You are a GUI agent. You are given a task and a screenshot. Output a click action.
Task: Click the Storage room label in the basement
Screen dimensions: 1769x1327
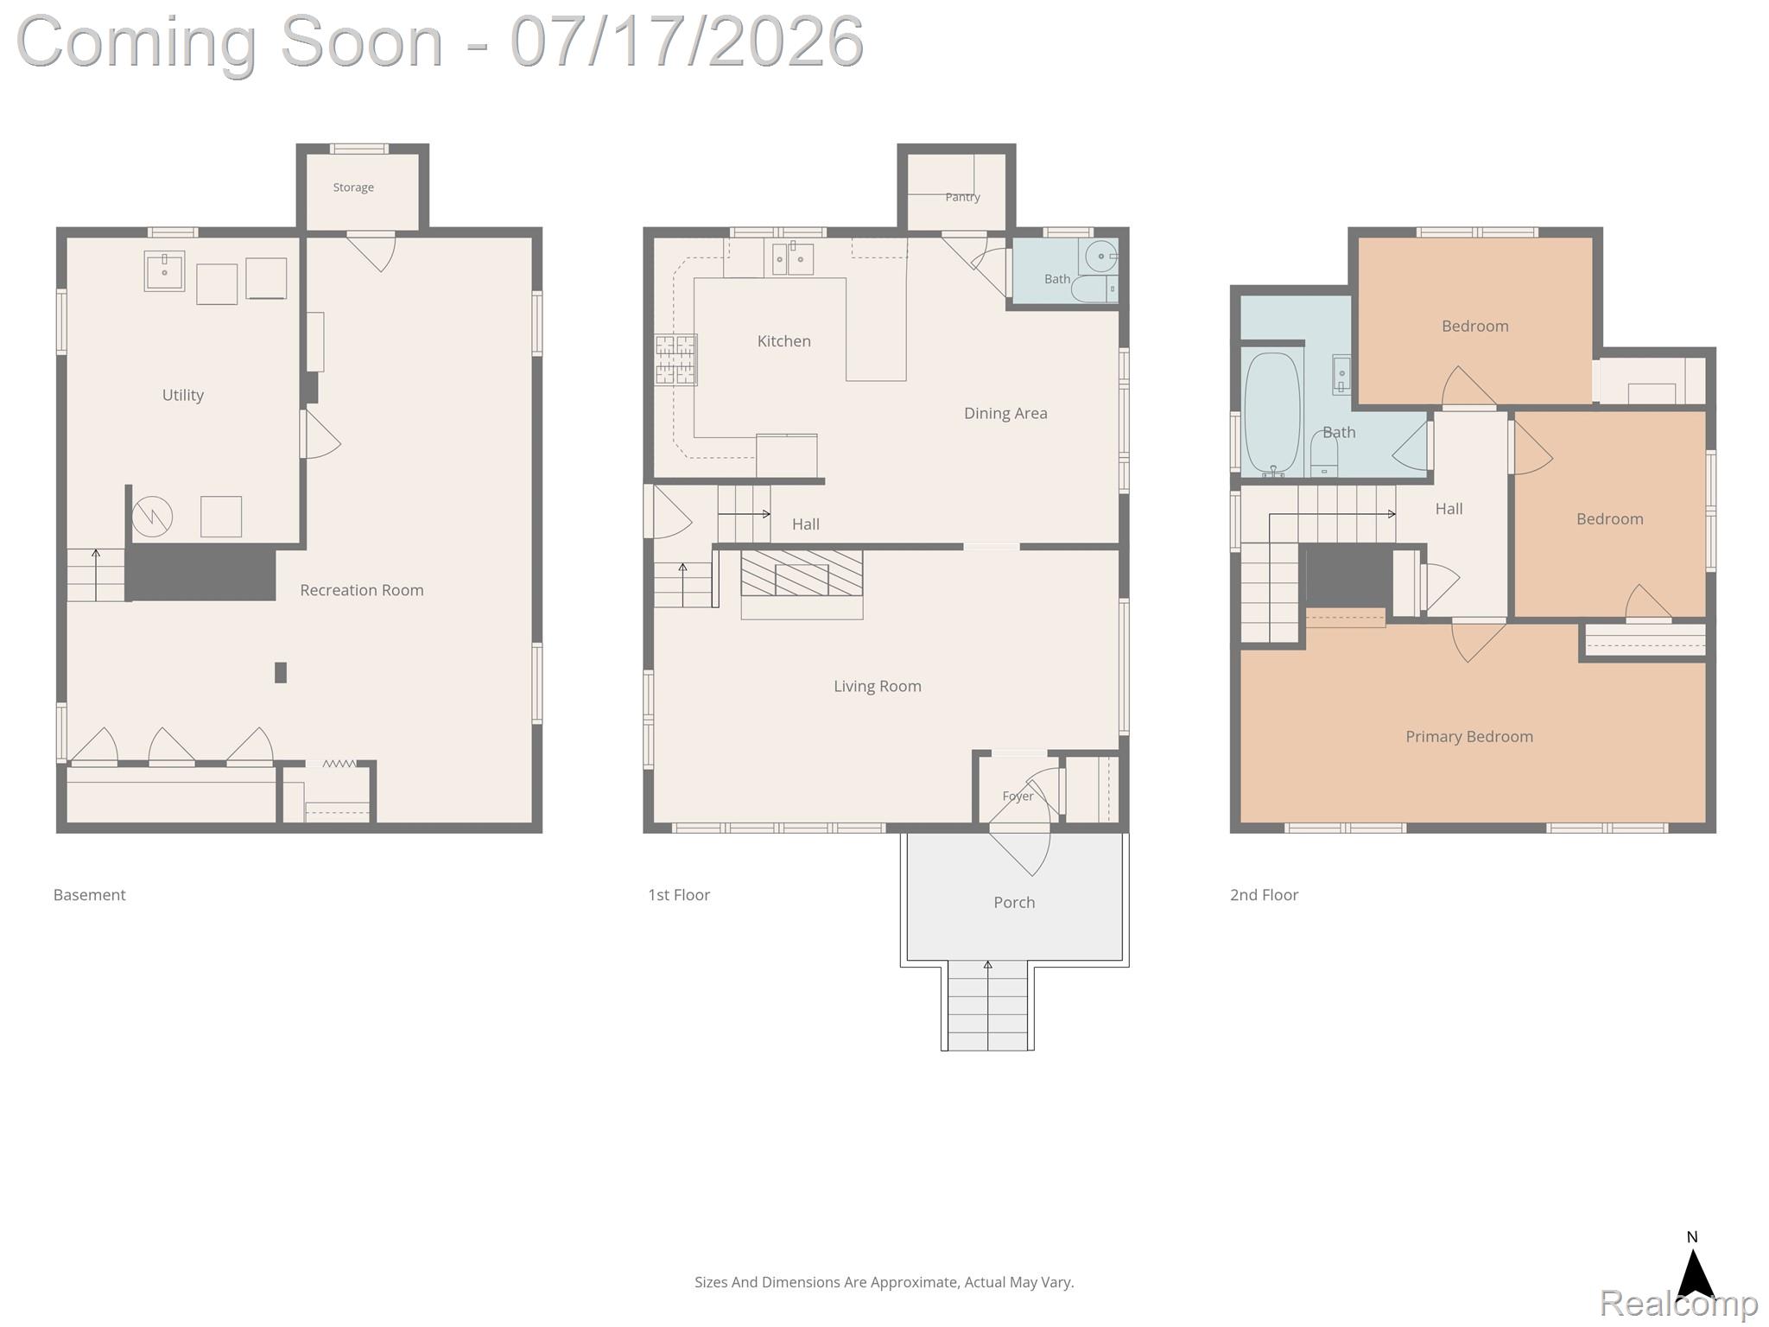(x=353, y=187)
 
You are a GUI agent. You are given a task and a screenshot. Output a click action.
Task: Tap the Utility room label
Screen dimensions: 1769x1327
(x=183, y=395)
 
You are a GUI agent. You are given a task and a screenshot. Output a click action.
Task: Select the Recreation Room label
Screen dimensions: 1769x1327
(x=362, y=590)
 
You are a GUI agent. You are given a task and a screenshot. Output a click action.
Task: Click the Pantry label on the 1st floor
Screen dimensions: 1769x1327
(x=962, y=197)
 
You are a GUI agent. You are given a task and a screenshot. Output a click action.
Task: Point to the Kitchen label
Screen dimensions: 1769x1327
(x=784, y=341)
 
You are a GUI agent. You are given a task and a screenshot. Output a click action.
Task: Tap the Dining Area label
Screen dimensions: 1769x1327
(x=1005, y=414)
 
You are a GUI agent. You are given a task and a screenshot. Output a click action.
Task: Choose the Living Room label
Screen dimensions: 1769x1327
(x=878, y=686)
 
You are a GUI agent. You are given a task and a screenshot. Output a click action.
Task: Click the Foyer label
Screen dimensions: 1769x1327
(x=1018, y=797)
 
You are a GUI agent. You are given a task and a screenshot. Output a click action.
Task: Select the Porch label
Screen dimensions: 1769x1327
(x=1014, y=902)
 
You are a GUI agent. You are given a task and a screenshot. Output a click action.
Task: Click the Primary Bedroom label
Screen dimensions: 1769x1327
(x=1469, y=737)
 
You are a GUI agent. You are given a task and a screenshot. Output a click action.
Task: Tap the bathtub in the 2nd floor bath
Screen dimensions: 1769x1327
(x=1272, y=413)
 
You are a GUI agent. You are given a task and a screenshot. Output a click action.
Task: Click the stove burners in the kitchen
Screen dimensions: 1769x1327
(x=675, y=359)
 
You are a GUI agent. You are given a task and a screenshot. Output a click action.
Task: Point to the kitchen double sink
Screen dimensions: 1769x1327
(x=792, y=258)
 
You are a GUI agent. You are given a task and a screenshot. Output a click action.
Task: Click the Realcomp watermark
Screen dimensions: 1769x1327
(x=1678, y=1303)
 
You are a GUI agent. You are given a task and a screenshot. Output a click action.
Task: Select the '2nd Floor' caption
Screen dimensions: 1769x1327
(x=1264, y=895)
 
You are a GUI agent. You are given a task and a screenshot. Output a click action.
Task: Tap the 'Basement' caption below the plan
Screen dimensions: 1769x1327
(x=90, y=895)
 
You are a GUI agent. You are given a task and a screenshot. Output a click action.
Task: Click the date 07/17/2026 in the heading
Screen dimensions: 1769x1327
(x=687, y=41)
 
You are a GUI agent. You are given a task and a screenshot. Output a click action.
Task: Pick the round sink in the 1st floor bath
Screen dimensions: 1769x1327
(x=1100, y=257)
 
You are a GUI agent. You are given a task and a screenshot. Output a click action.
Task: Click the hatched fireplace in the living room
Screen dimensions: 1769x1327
(x=802, y=573)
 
